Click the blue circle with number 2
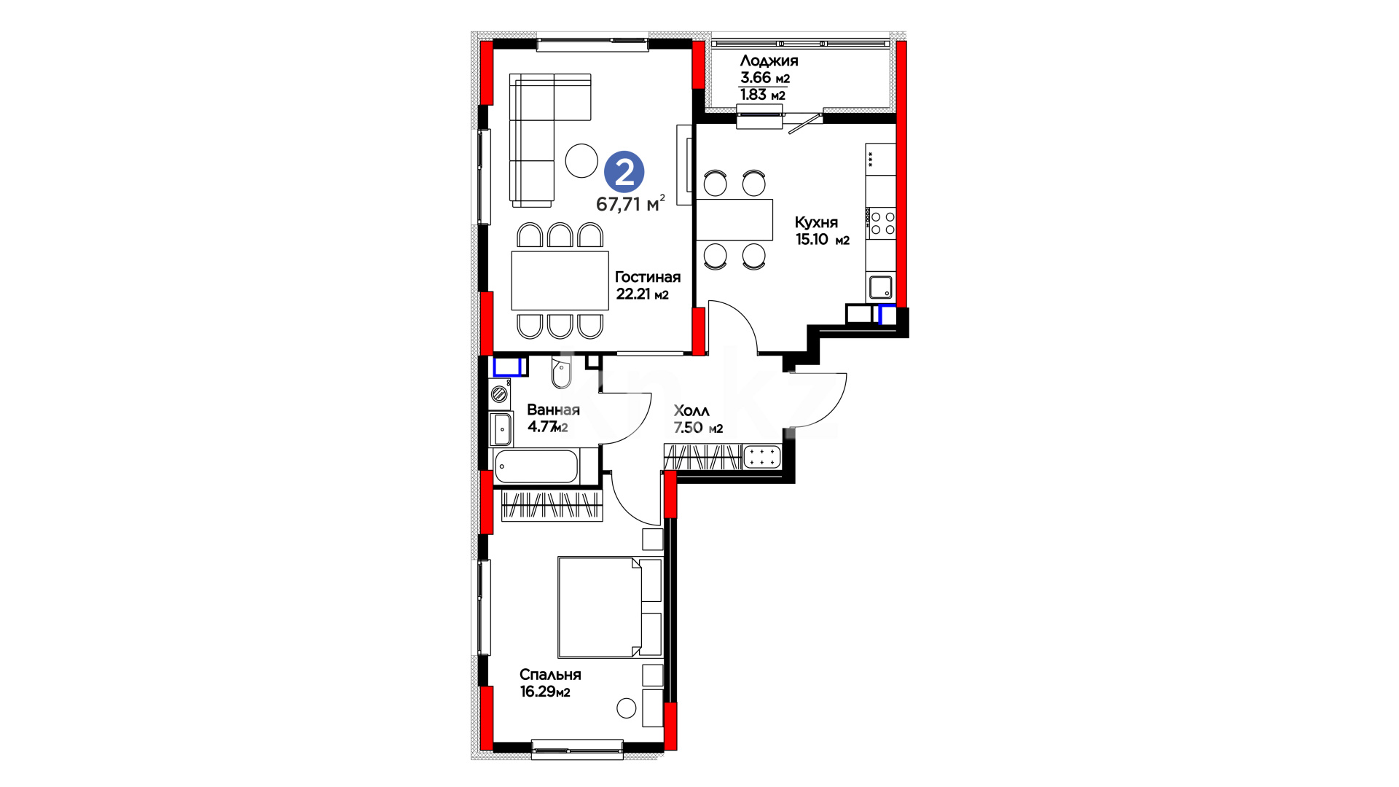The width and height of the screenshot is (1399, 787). (x=624, y=172)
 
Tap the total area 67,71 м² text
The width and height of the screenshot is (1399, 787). (x=630, y=203)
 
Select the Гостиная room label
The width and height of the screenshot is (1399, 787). (x=648, y=277)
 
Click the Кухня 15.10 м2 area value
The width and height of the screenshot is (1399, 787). (x=823, y=240)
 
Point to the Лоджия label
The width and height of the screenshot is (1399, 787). (x=769, y=61)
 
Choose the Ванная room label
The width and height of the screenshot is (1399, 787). (x=553, y=410)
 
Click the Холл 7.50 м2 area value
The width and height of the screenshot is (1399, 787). (x=698, y=428)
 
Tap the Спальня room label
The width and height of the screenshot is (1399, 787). (x=550, y=675)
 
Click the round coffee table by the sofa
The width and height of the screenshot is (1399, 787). (x=581, y=160)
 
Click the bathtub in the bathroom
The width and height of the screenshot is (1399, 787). (x=537, y=466)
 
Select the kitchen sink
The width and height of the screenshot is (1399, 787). (x=882, y=287)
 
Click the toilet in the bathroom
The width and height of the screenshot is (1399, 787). (x=562, y=372)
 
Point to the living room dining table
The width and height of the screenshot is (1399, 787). (x=560, y=281)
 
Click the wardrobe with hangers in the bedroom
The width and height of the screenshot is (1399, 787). (x=552, y=504)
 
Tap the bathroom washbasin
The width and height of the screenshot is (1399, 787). (x=501, y=429)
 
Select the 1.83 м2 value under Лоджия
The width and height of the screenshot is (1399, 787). (x=763, y=95)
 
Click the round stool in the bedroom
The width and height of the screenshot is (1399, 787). (x=626, y=708)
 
